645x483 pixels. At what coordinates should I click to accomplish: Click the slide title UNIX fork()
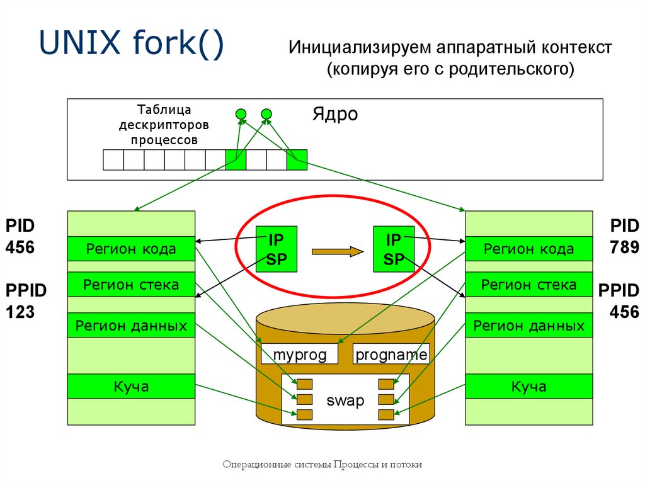(132, 46)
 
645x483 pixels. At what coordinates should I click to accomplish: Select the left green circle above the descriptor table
(241, 114)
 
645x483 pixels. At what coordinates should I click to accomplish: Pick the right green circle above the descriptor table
(266, 114)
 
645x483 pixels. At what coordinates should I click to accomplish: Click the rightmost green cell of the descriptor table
(297, 160)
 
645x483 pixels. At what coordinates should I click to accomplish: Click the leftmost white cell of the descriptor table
(113, 160)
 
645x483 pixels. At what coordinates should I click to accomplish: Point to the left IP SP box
(277, 249)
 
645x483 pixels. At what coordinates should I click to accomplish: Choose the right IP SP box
(394, 249)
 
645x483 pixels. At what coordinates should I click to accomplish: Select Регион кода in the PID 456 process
(131, 249)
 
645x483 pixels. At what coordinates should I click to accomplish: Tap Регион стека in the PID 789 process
(528, 285)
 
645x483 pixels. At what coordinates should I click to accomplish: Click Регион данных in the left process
(131, 326)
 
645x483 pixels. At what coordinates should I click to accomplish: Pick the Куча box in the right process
(528, 386)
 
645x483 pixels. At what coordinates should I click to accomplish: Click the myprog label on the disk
(300, 355)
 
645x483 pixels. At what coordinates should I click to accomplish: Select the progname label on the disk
(391, 355)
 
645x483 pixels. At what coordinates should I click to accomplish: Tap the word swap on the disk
(345, 401)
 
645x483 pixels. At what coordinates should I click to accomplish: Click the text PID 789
(624, 236)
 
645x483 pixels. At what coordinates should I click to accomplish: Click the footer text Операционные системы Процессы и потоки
(322, 465)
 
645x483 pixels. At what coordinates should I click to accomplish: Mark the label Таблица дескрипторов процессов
(164, 125)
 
